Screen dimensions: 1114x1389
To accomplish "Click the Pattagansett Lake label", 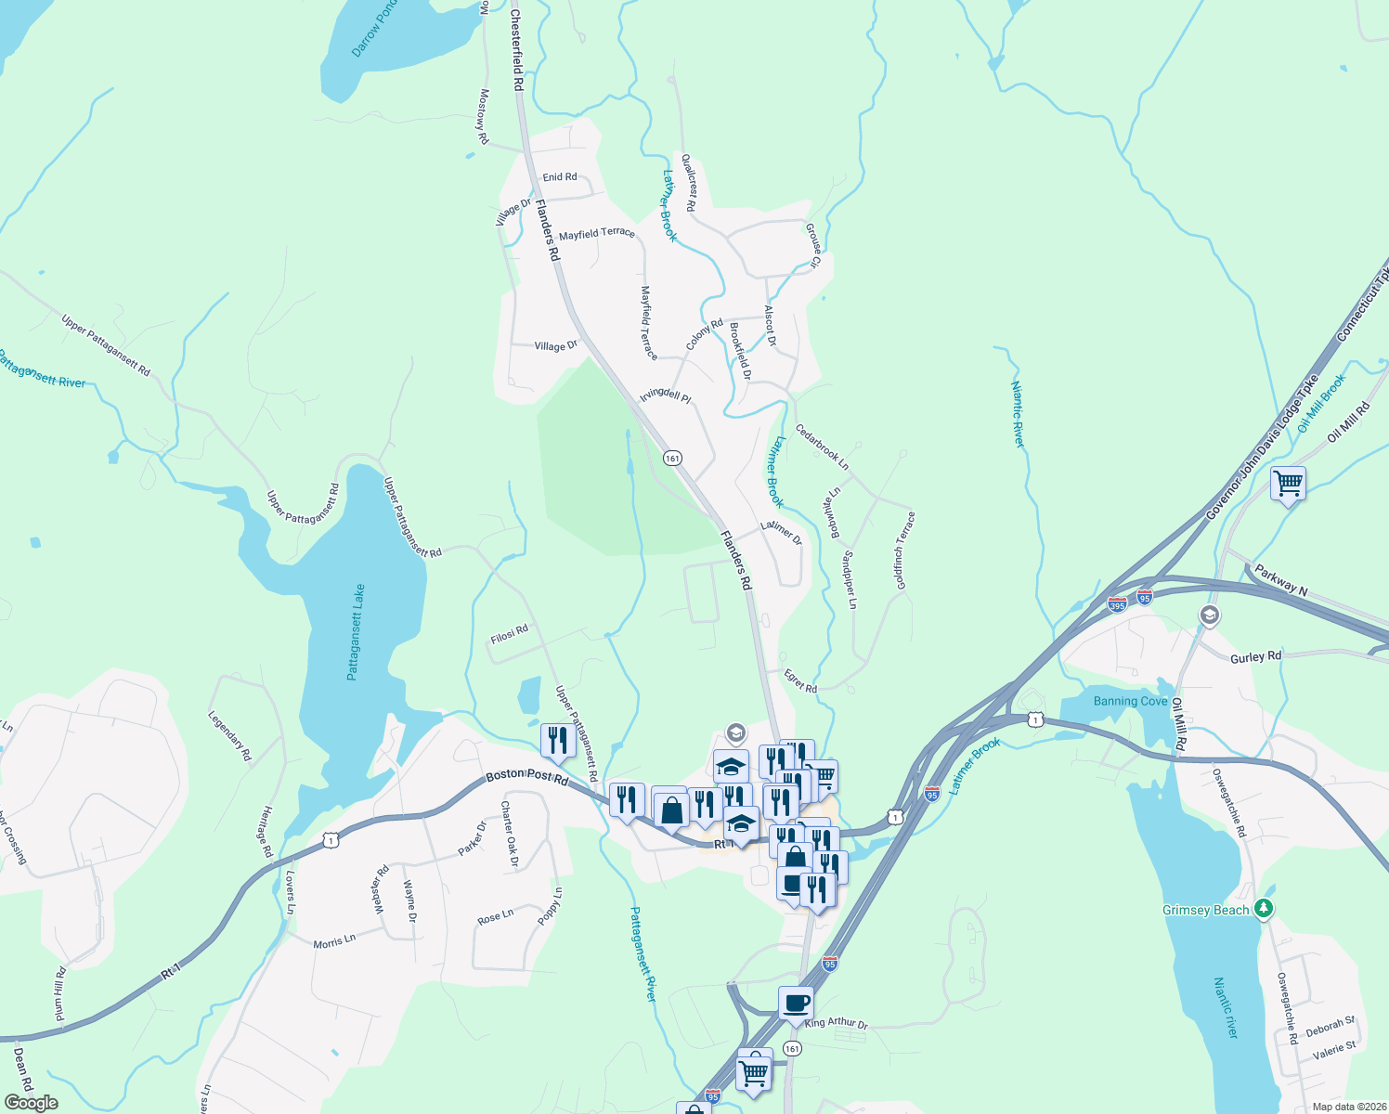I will [357, 632].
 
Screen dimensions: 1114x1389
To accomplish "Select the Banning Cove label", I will [1130, 701].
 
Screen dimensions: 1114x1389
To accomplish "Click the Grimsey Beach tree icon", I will [1263, 909].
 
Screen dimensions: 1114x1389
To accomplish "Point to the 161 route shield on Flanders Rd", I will [672, 459].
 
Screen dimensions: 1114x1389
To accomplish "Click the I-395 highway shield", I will [1117, 605].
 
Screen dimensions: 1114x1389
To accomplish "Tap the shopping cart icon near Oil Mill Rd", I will [1288, 483].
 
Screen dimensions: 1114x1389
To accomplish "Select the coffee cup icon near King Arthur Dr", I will [796, 1003].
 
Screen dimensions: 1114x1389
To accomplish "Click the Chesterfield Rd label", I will [518, 51].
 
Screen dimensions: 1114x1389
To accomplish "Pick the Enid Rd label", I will [560, 176].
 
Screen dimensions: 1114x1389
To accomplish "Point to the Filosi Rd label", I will [509, 635].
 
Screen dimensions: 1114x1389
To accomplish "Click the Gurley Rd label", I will [1255, 657].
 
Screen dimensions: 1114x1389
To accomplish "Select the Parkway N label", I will [1280, 579].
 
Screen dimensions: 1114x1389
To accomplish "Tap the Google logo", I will [31, 1103].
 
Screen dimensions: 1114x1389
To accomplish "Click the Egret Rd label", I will [800, 681].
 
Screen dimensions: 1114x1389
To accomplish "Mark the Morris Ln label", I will [334, 941].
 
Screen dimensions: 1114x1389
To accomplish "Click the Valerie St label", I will [1334, 1051].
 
